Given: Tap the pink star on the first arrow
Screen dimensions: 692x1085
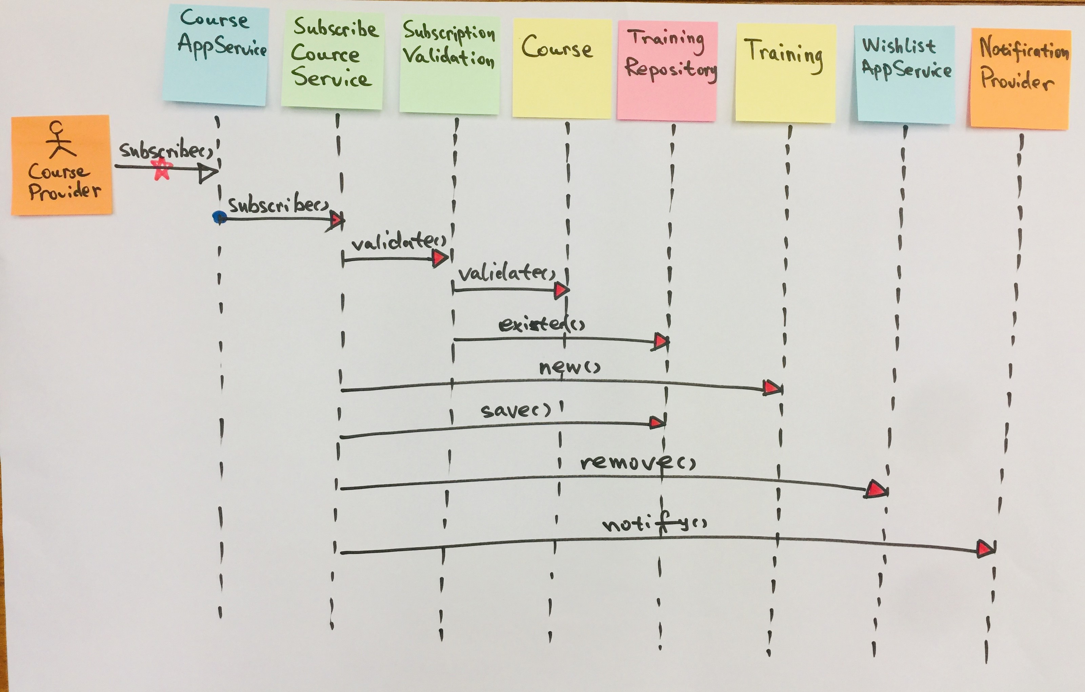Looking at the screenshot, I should click(x=162, y=170).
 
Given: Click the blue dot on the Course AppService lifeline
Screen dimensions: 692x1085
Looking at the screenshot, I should click(x=219, y=217).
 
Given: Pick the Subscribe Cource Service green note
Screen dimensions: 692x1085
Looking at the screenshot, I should click(x=333, y=60).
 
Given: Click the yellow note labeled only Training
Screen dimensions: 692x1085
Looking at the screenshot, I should click(x=785, y=72).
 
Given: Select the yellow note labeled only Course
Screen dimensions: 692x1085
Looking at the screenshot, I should click(x=561, y=67).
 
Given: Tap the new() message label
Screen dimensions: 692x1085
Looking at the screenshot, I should click(x=569, y=368).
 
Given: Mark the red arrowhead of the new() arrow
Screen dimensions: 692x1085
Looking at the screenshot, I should click(x=772, y=387).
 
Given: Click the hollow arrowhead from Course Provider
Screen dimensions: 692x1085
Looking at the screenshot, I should click(x=208, y=173).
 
